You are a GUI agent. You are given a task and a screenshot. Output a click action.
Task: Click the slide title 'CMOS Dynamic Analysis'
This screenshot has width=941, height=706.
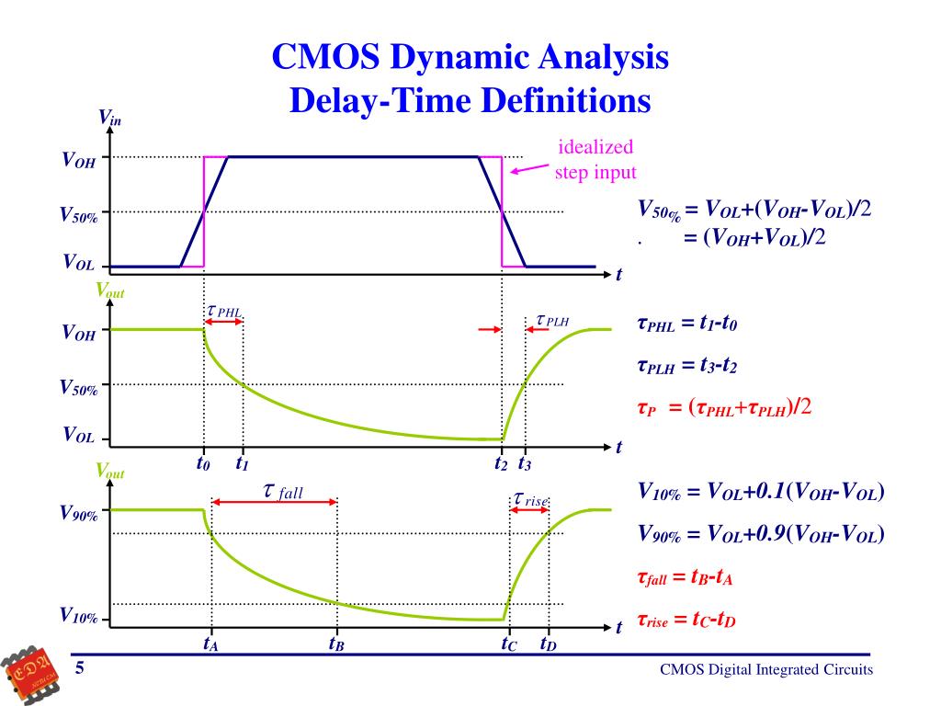click(x=470, y=59)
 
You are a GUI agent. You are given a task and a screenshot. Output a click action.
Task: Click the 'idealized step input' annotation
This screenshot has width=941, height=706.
click(x=595, y=160)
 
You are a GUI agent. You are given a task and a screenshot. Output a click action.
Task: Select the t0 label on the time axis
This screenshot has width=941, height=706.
click(x=203, y=463)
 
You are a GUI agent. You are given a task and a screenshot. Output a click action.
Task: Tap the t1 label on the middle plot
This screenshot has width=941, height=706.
click(x=243, y=463)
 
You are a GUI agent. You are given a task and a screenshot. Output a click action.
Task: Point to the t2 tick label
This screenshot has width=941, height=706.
click(x=501, y=463)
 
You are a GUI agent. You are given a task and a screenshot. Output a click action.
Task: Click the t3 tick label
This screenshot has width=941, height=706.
click(x=525, y=463)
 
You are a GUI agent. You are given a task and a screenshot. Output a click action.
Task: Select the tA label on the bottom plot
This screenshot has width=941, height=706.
click(x=210, y=644)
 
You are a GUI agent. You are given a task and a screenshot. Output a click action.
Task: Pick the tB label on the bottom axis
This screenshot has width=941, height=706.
click(x=336, y=644)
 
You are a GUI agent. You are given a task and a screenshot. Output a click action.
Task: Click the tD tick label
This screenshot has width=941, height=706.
click(x=548, y=644)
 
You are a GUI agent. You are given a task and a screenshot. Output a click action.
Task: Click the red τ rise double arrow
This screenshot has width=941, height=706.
click(x=529, y=509)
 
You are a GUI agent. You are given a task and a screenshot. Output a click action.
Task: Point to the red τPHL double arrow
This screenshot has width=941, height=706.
click(x=223, y=322)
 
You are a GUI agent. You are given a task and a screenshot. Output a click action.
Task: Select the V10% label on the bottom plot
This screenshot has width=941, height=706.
click(x=79, y=615)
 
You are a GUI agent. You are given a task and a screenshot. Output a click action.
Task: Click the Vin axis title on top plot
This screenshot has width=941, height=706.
click(x=110, y=118)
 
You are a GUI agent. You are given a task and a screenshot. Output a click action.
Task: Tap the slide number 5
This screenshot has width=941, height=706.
click(x=80, y=668)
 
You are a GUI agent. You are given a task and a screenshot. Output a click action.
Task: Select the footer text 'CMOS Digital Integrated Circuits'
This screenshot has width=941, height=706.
click(x=766, y=670)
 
